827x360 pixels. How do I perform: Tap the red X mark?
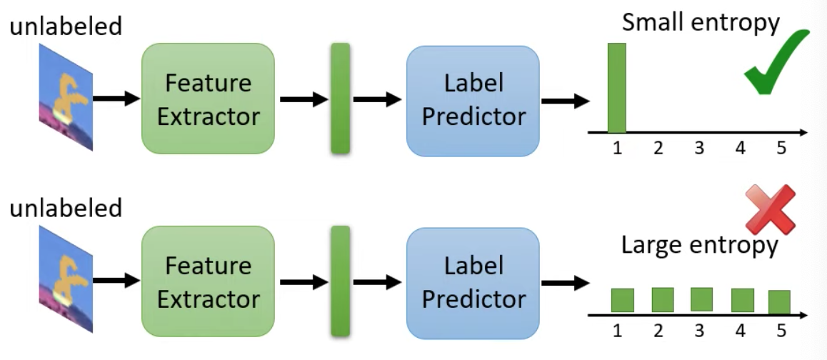point(771,209)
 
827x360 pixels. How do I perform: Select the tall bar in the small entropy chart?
point(616,88)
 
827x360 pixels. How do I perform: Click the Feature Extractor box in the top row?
point(208,99)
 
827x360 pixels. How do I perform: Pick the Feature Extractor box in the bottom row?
point(208,281)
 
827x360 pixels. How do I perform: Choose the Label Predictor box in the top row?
point(473,101)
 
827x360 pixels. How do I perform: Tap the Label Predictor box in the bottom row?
point(473,284)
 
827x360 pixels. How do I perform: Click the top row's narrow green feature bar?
point(340,98)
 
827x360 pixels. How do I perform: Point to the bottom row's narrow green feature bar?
point(340,281)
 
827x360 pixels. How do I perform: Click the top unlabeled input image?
point(66,97)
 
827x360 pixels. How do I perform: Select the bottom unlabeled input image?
point(66,280)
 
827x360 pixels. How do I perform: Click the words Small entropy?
point(701,24)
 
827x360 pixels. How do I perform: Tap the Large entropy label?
point(700,246)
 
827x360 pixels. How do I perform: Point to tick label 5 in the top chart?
point(781,149)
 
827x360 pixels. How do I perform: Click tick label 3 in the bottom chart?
point(699,331)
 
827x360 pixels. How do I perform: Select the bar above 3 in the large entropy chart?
point(701,300)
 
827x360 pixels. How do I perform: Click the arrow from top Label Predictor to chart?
point(566,101)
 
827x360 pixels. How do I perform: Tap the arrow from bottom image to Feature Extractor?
point(116,281)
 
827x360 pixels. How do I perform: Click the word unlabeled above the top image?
point(66,26)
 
